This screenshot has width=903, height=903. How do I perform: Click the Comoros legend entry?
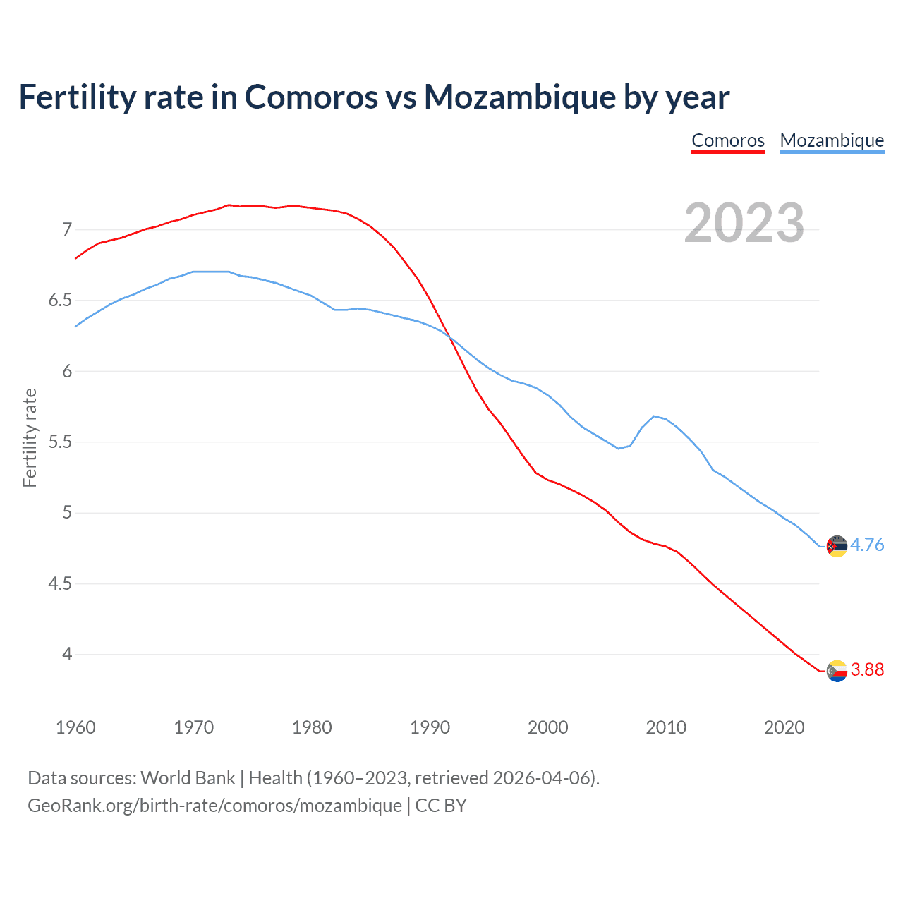728,140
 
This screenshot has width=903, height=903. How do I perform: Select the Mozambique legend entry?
832,140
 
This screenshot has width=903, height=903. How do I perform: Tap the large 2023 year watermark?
744,223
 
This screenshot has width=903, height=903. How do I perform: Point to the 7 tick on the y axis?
67,229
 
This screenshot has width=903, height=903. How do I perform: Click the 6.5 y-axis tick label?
60,301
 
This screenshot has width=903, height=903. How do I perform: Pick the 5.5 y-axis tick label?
60,442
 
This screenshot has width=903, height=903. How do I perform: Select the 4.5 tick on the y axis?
60,584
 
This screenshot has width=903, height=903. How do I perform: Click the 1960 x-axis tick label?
75,727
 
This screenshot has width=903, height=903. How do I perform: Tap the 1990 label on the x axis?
430,727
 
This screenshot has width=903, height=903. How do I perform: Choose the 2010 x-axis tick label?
666,727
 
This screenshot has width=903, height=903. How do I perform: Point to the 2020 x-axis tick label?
784,727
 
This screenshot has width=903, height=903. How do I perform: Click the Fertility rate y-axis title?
30,438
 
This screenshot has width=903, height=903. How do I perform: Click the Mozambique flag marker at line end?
837,546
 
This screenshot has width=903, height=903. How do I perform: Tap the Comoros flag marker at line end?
837,671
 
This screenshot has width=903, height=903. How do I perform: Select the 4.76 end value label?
867,545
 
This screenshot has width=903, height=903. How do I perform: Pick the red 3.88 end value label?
867,669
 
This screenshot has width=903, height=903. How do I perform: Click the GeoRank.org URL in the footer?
214,805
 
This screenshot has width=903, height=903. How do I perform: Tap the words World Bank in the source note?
188,777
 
